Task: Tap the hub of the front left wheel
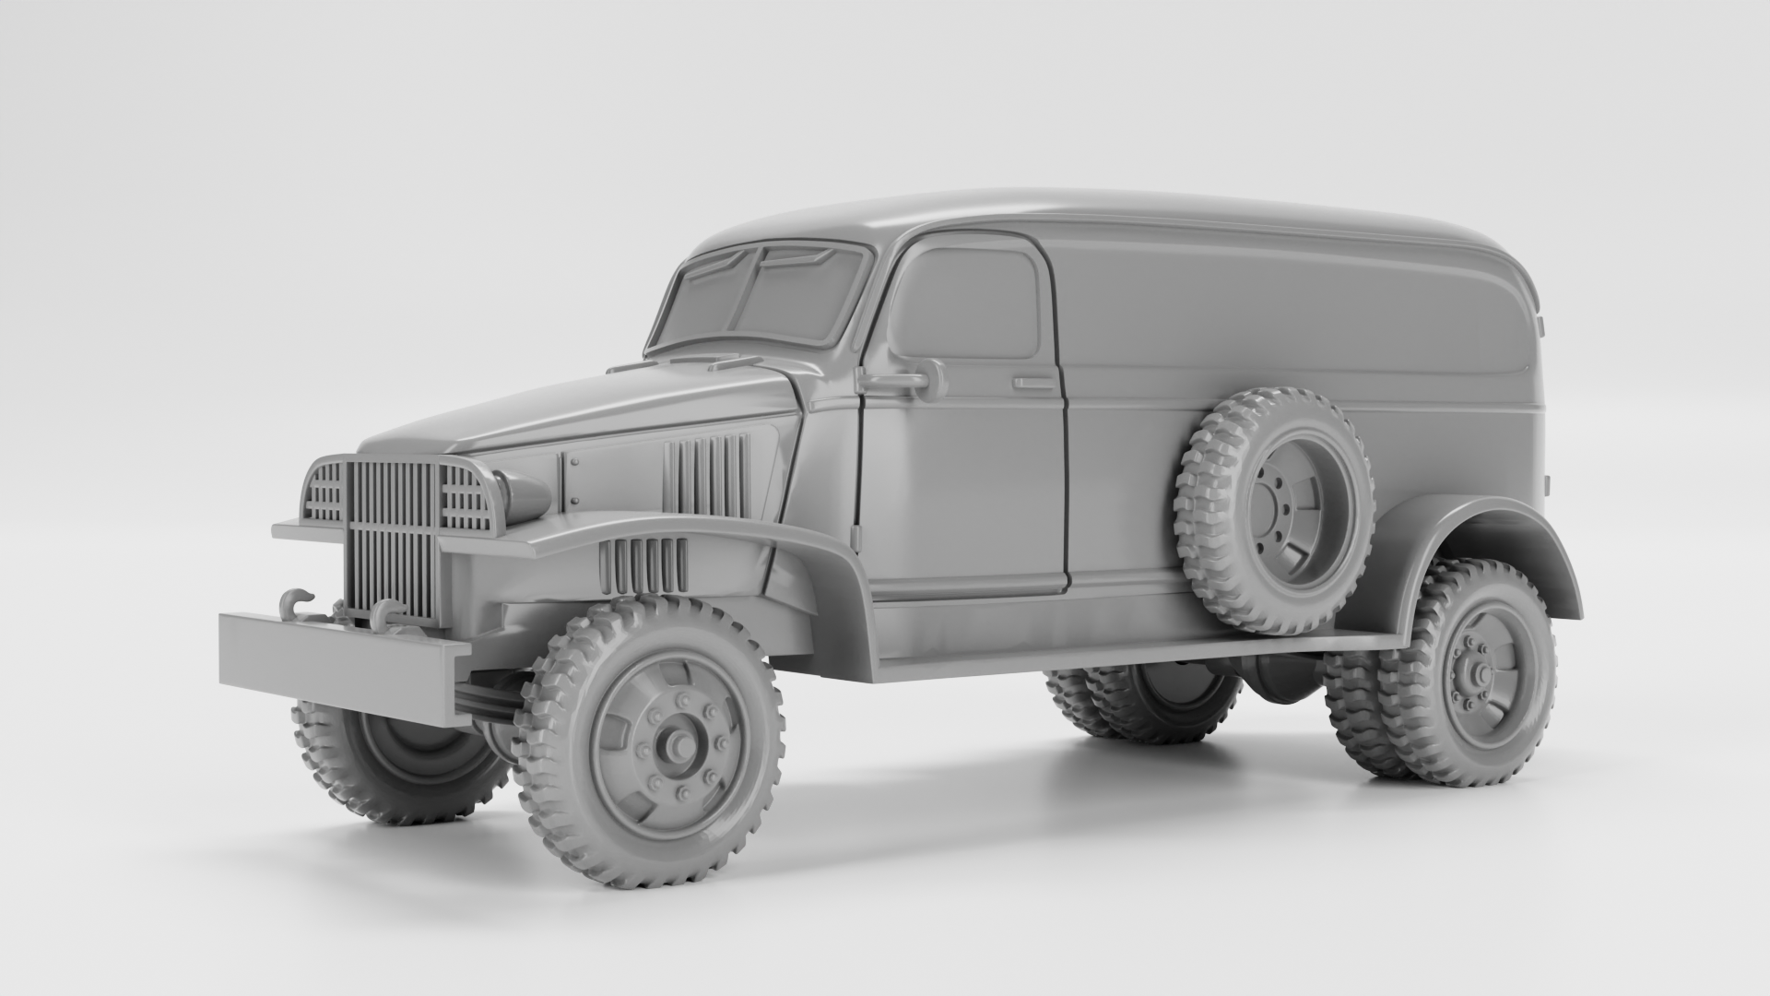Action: [x=679, y=742]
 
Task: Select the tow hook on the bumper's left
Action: [x=297, y=601]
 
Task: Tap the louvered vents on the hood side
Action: [x=705, y=475]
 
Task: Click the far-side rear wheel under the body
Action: [x=1152, y=705]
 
